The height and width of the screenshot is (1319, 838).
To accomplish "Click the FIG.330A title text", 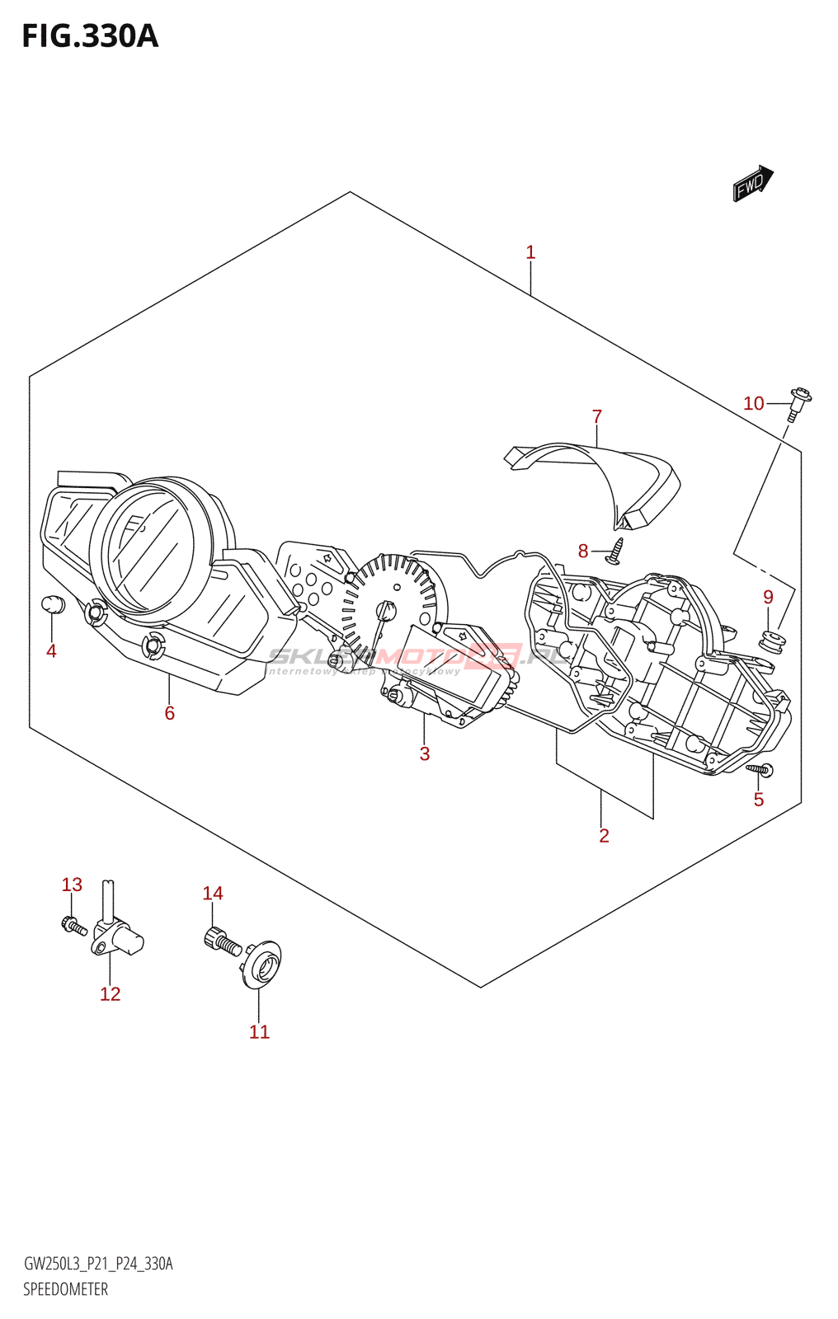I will coord(90,36).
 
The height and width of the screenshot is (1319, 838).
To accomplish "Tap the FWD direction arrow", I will coord(752,184).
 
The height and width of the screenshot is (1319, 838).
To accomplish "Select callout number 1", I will coord(530,252).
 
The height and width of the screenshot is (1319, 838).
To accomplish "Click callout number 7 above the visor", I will coord(597,417).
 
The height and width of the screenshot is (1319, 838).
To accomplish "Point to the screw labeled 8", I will coord(615,552).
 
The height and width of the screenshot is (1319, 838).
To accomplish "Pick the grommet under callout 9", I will coord(772,638).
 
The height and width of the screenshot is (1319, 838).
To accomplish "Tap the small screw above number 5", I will coord(760,770).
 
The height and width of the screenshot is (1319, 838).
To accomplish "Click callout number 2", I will coord(604,836).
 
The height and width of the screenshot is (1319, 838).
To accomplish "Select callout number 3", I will coord(424,753).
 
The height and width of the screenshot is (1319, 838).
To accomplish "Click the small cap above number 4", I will coord(53,604).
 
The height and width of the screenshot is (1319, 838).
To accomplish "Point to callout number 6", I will coord(169,713).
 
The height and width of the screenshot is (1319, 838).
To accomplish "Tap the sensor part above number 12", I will coord(115,932).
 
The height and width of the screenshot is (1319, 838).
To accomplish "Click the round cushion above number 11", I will coord(262,964).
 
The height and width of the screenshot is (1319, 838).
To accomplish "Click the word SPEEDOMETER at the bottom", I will coord(65,1289).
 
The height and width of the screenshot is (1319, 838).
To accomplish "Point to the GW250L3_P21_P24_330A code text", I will coord(98,1264).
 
